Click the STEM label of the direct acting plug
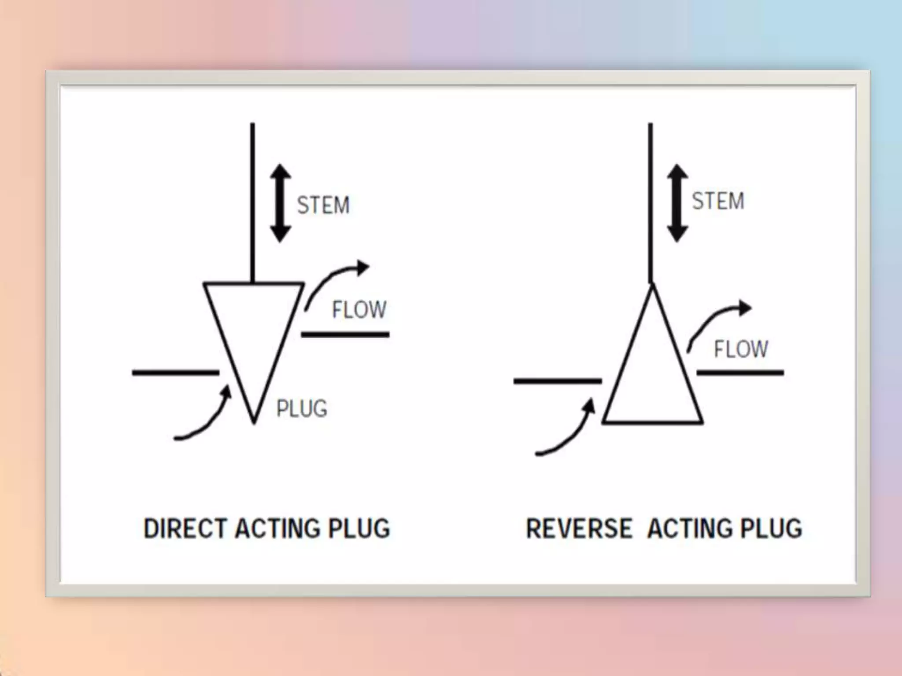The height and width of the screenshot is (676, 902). click(323, 205)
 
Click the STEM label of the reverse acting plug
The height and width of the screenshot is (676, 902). click(718, 201)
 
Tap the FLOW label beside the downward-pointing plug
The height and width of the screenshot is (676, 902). click(359, 309)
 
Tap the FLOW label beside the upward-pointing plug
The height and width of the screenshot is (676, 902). click(741, 349)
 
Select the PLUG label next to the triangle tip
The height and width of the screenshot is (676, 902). click(302, 408)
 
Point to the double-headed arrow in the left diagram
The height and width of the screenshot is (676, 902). click(281, 203)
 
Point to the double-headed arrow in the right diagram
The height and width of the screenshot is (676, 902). click(677, 203)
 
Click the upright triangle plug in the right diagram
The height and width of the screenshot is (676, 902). click(652, 378)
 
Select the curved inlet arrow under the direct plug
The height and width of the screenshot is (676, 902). click(207, 420)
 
